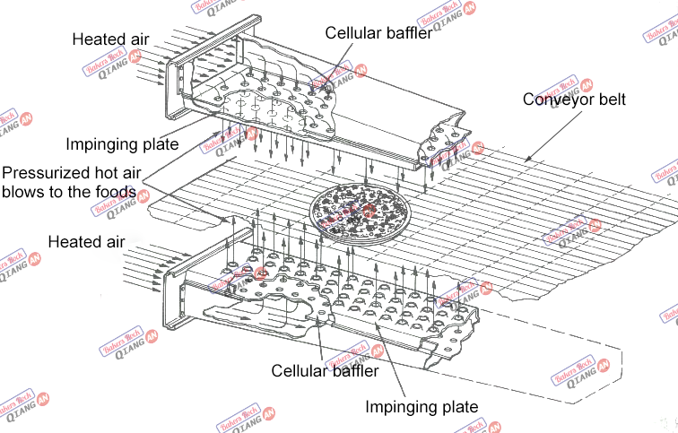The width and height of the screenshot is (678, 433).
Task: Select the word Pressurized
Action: tap(44, 171)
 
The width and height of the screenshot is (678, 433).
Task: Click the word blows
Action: tap(22, 191)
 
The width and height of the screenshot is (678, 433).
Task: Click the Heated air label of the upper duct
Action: tap(110, 39)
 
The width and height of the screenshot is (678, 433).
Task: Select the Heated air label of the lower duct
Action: tap(86, 242)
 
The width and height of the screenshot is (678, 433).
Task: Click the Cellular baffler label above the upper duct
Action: tap(378, 33)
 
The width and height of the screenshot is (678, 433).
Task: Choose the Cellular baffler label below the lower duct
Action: tap(325, 370)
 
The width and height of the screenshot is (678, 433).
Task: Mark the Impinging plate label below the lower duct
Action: tap(421, 407)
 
